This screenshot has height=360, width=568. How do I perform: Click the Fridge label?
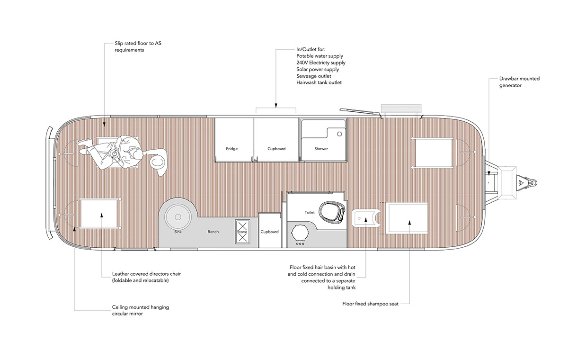pyautogui.click(x=232, y=149)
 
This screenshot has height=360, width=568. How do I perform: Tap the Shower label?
pyautogui.click(x=321, y=149)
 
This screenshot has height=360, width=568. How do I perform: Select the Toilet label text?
pyautogui.click(x=310, y=212)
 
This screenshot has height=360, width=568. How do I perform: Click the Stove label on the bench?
pyautogui.click(x=242, y=232)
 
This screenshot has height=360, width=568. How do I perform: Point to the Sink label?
pyautogui.click(x=178, y=232)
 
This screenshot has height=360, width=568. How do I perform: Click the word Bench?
pyautogui.click(x=213, y=232)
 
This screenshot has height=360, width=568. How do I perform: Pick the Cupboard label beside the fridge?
pyautogui.click(x=276, y=149)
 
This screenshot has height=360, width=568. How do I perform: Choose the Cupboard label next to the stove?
pyautogui.click(x=269, y=232)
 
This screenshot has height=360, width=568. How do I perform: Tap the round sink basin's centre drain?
pyautogui.click(x=178, y=217)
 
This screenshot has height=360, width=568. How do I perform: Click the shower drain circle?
pyautogui.click(x=339, y=134)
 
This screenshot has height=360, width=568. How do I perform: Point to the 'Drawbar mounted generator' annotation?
pyautogui.click(x=519, y=82)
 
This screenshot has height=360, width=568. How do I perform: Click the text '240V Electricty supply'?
pyautogui.click(x=321, y=63)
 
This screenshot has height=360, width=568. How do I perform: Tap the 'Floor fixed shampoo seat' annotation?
pyautogui.click(x=370, y=304)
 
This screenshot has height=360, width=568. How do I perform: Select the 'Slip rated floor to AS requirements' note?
pyautogui.click(x=138, y=46)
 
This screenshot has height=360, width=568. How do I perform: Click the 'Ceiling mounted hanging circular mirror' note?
pyautogui.click(x=141, y=310)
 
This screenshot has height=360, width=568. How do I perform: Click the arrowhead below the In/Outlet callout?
pyautogui.click(x=276, y=106)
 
